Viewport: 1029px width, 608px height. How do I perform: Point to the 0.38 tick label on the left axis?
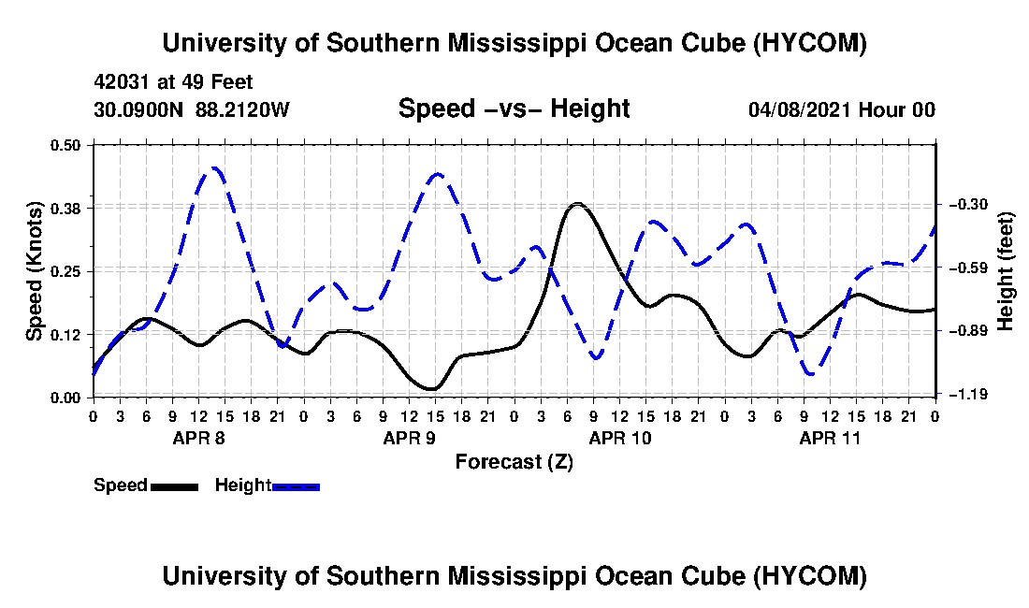[x=65, y=209]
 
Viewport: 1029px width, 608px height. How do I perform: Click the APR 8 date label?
[x=199, y=438]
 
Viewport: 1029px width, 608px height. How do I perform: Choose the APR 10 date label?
[x=620, y=438]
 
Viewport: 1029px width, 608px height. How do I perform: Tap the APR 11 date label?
[x=830, y=438]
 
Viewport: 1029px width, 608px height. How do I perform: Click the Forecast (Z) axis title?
[x=514, y=462]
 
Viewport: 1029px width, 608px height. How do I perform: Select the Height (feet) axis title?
[x=1006, y=271]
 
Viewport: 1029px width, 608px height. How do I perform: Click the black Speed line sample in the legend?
[x=175, y=487]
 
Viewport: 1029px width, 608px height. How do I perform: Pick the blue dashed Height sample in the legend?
[x=296, y=487]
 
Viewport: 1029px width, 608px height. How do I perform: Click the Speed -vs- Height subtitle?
[x=514, y=109]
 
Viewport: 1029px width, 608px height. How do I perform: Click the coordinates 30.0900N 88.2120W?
[x=192, y=109]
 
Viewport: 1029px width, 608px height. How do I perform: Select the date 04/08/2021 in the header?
[x=800, y=109]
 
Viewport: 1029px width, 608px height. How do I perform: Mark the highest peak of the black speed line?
[x=577, y=204]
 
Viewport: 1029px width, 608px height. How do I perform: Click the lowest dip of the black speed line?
[x=431, y=389]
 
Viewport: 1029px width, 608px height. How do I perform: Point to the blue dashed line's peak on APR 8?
[x=214, y=168]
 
